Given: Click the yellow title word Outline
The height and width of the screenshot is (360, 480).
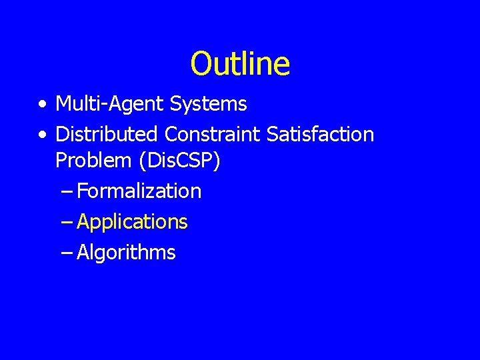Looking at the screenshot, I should pyautogui.click(x=240, y=64).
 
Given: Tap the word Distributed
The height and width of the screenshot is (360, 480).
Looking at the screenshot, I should pyautogui.click(x=107, y=134).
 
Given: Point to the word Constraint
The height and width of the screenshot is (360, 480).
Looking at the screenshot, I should pyautogui.click(x=213, y=134).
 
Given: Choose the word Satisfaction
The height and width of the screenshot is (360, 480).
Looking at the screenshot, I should pyautogui.click(x=320, y=134).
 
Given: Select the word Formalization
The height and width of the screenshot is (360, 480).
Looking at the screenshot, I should pyautogui.click(x=139, y=191).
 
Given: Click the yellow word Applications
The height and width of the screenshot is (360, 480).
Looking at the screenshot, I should pyautogui.click(x=133, y=222).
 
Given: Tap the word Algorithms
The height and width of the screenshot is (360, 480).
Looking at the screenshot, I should pyautogui.click(x=127, y=253).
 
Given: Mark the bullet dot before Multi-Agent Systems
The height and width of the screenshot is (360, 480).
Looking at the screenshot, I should pyautogui.click(x=43, y=105).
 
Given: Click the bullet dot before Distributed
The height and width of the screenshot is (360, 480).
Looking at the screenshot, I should pyautogui.click(x=43, y=135).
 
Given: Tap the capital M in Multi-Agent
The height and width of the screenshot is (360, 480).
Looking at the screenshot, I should pyautogui.click(x=64, y=104).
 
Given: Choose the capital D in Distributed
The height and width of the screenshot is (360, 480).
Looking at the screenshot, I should pyautogui.click(x=62, y=134).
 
